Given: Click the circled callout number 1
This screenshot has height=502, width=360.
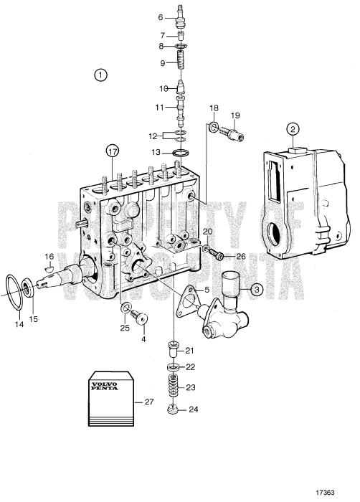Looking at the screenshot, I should point(101,74).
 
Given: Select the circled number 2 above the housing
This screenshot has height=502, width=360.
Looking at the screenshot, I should point(293,130).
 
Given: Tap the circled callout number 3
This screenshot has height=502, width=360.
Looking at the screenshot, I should point(257,289).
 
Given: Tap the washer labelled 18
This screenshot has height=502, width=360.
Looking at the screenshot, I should point(213,128).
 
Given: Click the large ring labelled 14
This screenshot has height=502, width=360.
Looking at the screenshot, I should point(14,290).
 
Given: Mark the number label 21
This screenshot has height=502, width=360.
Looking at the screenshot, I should point(190,350).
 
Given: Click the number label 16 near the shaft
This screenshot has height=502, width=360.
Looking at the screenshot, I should point(49,256).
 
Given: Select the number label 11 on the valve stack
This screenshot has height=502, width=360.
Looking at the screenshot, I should point(161,107).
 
